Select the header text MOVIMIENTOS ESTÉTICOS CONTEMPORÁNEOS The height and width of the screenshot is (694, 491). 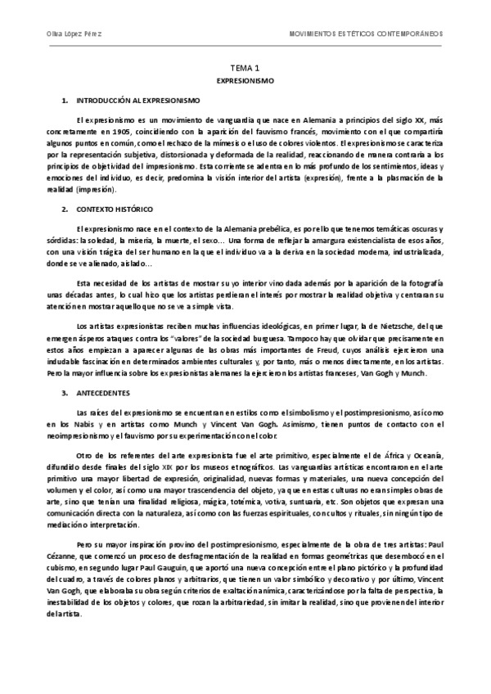point(367,36)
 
